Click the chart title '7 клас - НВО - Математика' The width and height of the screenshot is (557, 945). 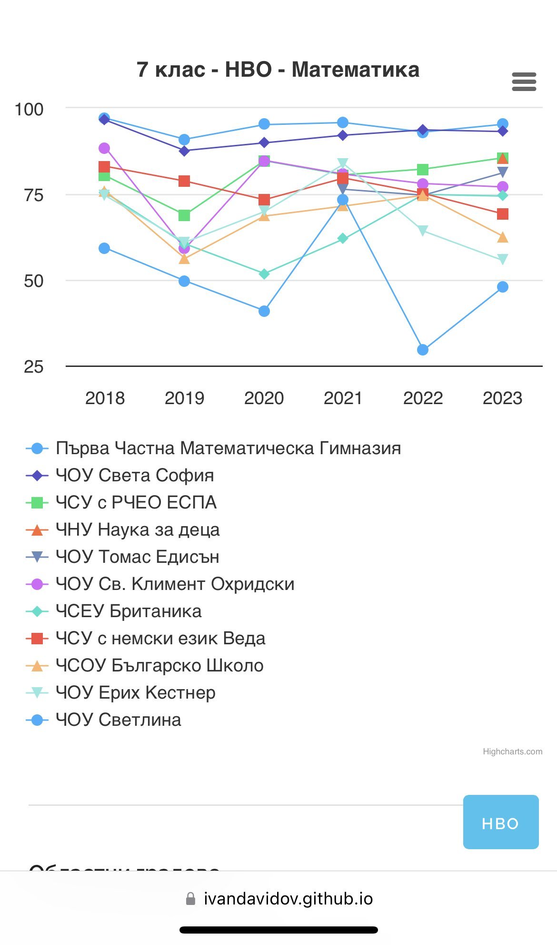tap(278, 70)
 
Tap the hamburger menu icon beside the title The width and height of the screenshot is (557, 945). tap(524, 82)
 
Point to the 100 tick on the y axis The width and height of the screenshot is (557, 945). tap(29, 110)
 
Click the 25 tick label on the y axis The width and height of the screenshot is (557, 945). tap(33, 367)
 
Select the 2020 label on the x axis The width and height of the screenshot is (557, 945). tap(264, 398)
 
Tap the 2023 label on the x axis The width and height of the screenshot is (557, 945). tap(502, 398)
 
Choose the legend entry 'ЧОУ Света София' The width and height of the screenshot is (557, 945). tap(135, 476)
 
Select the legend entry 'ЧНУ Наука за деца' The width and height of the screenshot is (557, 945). tap(138, 530)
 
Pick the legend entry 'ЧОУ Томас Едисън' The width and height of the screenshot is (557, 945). tap(137, 557)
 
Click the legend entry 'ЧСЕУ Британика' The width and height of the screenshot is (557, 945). tap(129, 611)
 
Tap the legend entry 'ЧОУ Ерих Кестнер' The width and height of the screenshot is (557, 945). tap(135, 693)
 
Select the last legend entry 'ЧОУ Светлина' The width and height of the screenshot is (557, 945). tap(118, 720)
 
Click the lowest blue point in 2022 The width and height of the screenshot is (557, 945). tap(422, 350)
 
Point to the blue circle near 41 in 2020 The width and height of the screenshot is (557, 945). tap(264, 311)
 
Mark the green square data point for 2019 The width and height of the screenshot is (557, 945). tap(184, 215)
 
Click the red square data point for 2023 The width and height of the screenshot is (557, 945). tap(502, 214)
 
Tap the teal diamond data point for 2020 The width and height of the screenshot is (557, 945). tap(264, 274)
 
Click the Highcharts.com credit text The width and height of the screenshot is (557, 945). tap(512, 752)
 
